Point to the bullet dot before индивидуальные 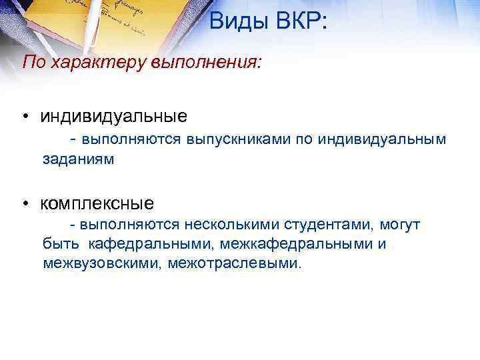[x=24, y=117]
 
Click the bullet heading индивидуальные [x=114, y=117]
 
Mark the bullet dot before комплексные [x=24, y=202]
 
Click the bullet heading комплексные [x=97, y=202]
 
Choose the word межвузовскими [x=103, y=263]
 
